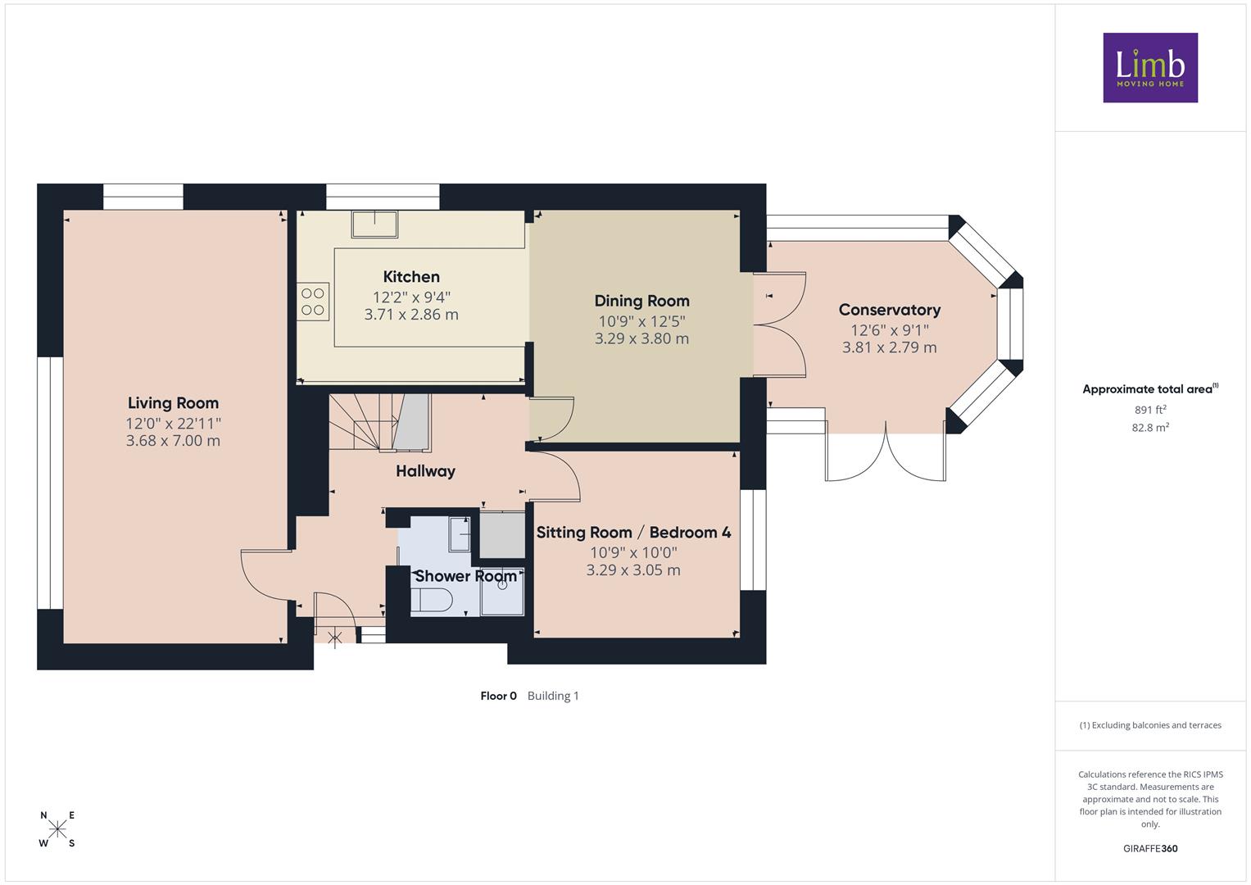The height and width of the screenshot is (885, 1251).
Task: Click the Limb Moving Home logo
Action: (x=1150, y=67)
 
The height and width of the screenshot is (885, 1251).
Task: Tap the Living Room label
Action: (x=173, y=403)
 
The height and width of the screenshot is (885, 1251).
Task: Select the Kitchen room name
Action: (x=411, y=277)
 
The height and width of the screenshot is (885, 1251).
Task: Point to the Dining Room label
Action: (x=641, y=302)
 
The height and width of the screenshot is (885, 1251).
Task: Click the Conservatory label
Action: (x=890, y=310)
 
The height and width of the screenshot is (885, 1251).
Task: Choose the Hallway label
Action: (x=425, y=471)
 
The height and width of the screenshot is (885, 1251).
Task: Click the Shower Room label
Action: (x=466, y=576)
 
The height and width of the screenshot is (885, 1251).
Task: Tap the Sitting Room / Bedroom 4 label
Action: (x=634, y=533)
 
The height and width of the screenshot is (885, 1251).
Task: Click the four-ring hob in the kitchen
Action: (x=313, y=302)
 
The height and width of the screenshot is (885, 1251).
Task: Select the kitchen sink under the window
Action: (x=374, y=224)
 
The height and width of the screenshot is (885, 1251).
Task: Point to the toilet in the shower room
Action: (x=431, y=601)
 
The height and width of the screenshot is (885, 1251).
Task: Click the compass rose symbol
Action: (x=57, y=829)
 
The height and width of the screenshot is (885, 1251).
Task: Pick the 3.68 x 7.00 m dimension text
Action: (x=173, y=440)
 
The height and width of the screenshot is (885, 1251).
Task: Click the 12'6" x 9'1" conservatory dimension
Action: (x=890, y=330)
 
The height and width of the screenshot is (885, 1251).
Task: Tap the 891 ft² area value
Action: (x=1150, y=410)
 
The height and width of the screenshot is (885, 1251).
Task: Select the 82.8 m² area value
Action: (x=1150, y=428)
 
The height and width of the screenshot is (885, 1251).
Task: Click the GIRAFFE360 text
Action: (x=1150, y=849)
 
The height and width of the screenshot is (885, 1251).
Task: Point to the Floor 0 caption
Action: (x=498, y=696)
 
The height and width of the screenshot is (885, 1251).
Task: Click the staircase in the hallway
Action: (x=380, y=422)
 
